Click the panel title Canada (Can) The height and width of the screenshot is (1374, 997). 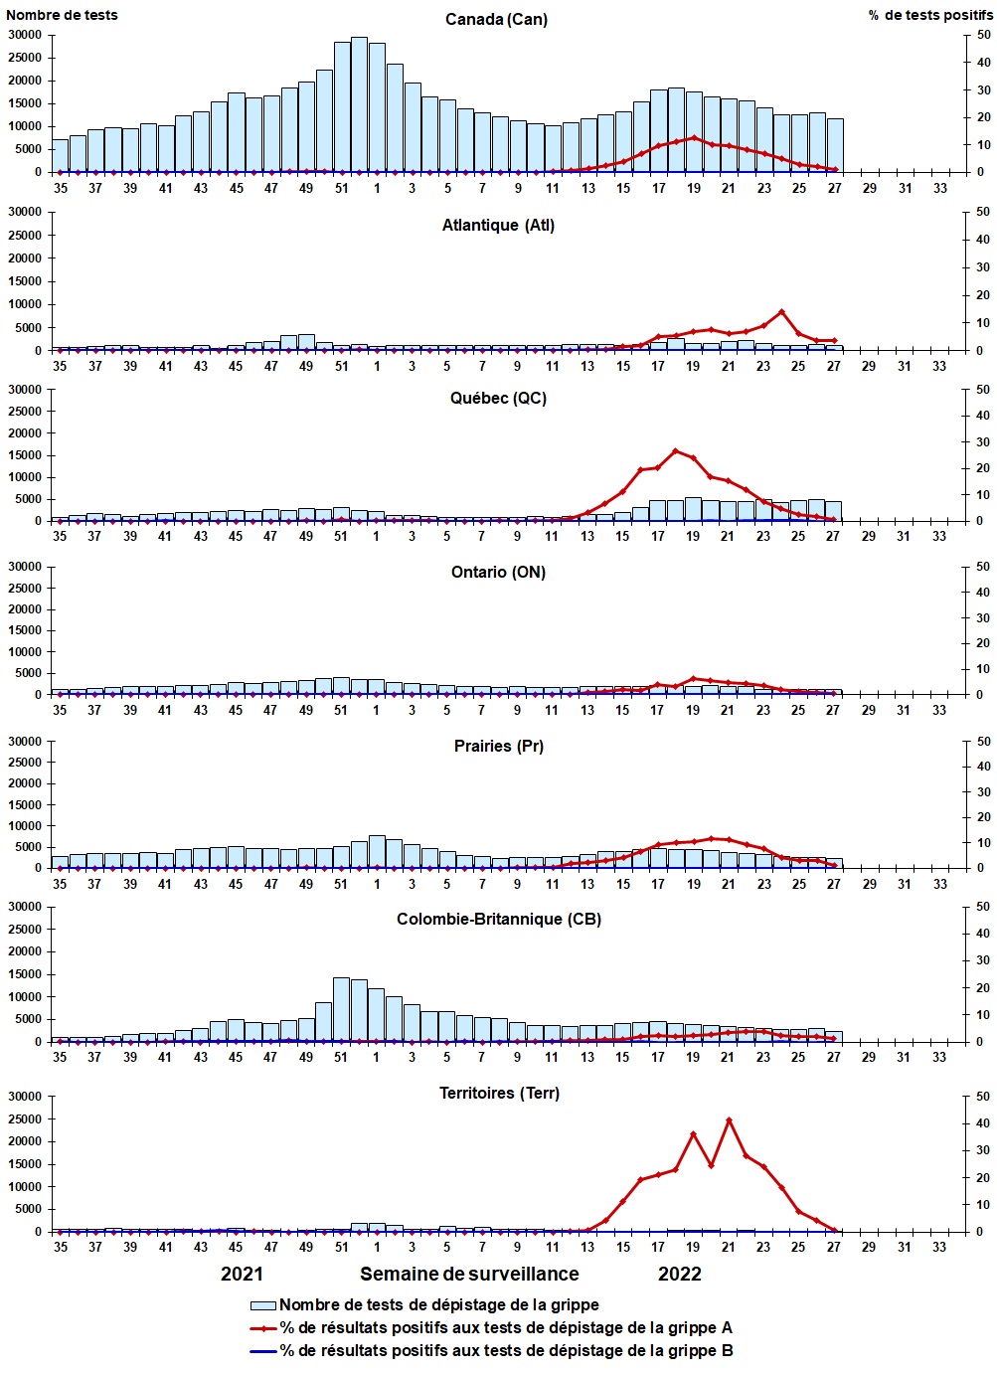(x=496, y=20)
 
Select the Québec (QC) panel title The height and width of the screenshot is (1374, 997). (x=498, y=399)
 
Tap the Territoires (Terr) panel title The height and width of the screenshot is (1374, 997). (x=499, y=1094)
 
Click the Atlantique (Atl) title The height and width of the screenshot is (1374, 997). (x=498, y=226)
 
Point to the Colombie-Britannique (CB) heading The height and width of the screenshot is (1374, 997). (x=498, y=920)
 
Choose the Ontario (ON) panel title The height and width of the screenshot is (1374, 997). (x=498, y=573)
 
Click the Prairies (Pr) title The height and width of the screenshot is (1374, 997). (x=498, y=747)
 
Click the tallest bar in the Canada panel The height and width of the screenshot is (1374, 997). (x=359, y=104)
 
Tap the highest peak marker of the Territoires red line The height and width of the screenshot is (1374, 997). (x=729, y=1120)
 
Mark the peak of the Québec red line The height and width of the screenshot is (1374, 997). (x=676, y=451)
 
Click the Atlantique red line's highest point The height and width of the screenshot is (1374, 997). (x=781, y=312)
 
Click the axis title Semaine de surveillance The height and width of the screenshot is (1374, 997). (x=469, y=1275)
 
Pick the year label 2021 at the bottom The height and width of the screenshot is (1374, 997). (x=242, y=1275)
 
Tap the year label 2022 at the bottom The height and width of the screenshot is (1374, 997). (x=680, y=1275)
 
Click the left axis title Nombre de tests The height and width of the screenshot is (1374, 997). (x=62, y=15)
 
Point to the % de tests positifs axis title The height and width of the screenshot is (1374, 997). (x=929, y=15)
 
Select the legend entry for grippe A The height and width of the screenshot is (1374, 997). (x=506, y=1328)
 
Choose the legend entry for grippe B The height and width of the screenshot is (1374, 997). (x=506, y=1351)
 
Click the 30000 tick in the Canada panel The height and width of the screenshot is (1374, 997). (x=25, y=35)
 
